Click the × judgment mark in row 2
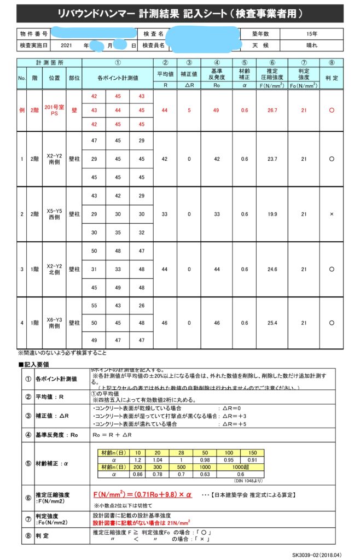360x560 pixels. tap(332, 214)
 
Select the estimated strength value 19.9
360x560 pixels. tap(272, 214)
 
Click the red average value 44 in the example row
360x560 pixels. tap(165, 110)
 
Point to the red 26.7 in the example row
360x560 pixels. tap(272, 110)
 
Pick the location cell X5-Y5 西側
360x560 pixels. tap(54, 214)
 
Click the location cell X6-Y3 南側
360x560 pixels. tap(54, 324)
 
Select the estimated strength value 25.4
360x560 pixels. tap(272, 324)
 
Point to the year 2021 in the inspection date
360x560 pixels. tap(67, 46)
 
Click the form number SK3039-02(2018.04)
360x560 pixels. tap(317, 554)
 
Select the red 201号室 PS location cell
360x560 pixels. tap(54, 110)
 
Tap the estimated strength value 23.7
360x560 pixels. tap(272, 159)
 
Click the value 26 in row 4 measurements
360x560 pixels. tap(142, 306)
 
